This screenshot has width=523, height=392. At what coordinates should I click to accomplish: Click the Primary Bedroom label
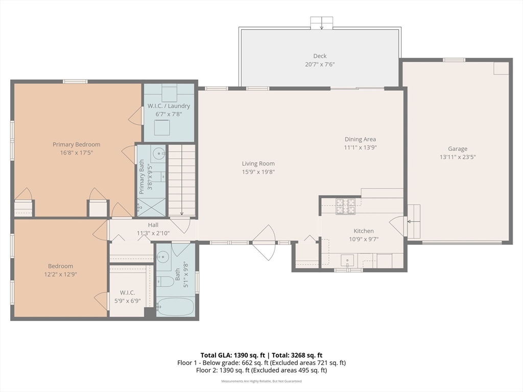[x=77, y=144]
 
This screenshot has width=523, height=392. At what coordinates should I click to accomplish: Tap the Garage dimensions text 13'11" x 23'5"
[x=457, y=157]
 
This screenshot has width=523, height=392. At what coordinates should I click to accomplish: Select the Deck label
[x=320, y=56]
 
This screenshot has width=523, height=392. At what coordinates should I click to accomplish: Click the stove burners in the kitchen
[x=345, y=206]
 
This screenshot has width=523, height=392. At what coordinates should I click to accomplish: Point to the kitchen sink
[x=347, y=260]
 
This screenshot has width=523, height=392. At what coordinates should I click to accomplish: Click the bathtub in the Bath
[x=175, y=307]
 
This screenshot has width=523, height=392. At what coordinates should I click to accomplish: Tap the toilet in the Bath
[x=165, y=282]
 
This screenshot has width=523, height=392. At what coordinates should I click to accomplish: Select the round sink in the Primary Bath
[x=158, y=154]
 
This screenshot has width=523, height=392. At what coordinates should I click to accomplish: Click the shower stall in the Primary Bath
[x=151, y=207]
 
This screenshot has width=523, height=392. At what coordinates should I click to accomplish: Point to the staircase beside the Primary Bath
[x=181, y=180]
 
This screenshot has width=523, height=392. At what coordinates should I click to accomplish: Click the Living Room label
[x=258, y=164]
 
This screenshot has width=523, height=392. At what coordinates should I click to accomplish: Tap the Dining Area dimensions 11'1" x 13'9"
[x=360, y=148]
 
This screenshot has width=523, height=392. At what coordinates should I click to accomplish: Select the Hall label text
[x=153, y=225]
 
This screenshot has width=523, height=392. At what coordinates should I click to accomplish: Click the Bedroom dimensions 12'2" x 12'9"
[x=60, y=274]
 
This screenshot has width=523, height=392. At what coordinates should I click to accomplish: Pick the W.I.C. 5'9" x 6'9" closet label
[x=127, y=297]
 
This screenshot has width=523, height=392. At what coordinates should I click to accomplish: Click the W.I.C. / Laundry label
[x=169, y=106]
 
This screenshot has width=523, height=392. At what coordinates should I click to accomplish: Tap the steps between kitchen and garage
[x=414, y=222]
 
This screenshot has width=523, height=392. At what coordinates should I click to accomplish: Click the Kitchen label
[x=364, y=231]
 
